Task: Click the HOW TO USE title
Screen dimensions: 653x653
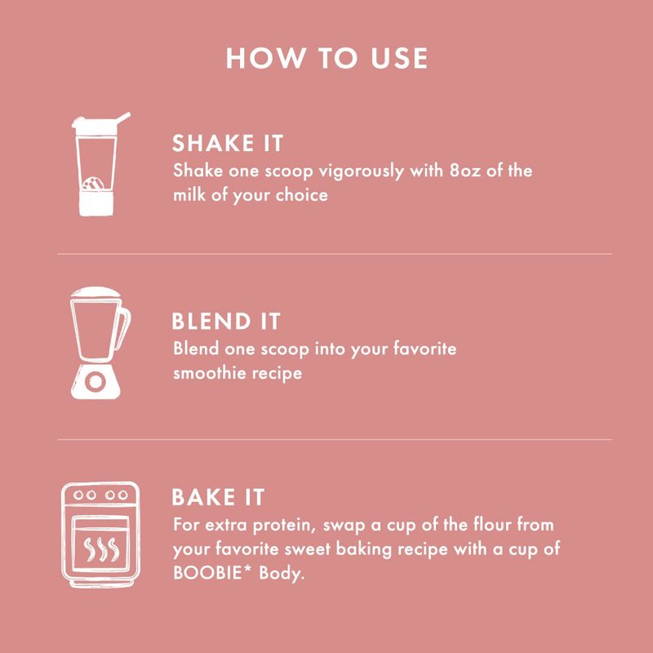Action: [326, 58]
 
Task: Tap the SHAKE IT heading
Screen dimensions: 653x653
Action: [228, 144]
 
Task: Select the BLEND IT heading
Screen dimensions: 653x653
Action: [226, 322]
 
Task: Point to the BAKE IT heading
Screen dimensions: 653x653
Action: [218, 497]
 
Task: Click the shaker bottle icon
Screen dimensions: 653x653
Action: [100, 164]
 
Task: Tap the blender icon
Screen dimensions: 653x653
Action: [100, 343]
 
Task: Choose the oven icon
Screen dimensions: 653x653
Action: [100, 535]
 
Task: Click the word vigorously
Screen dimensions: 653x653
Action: [361, 172]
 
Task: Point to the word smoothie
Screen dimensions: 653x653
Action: [210, 373]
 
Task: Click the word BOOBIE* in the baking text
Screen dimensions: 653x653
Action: [213, 573]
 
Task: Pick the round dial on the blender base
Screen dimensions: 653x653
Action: [96, 381]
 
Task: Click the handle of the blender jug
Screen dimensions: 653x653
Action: [124, 329]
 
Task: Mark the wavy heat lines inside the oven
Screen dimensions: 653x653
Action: [101, 549]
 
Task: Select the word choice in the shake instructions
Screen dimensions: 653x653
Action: [301, 195]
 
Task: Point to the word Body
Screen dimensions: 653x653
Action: [282, 574]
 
